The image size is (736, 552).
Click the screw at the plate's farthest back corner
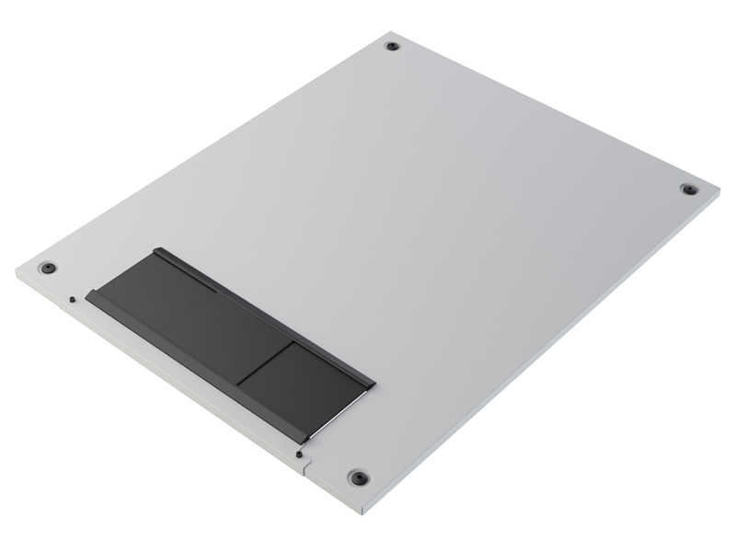pos(393,46)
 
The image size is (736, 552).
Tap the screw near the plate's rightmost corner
pos(688,190)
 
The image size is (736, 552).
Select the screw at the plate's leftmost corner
pos(49,269)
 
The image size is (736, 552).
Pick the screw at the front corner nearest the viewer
pos(357,478)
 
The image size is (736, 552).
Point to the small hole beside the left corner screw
pos(72,297)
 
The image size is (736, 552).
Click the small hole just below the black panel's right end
pos(300,452)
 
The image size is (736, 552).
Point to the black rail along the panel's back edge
pos(267,313)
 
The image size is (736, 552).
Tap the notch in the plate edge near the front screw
pos(305,464)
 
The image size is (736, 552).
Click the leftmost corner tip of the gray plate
pos(17,270)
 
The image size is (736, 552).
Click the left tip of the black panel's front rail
pos(87,296)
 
